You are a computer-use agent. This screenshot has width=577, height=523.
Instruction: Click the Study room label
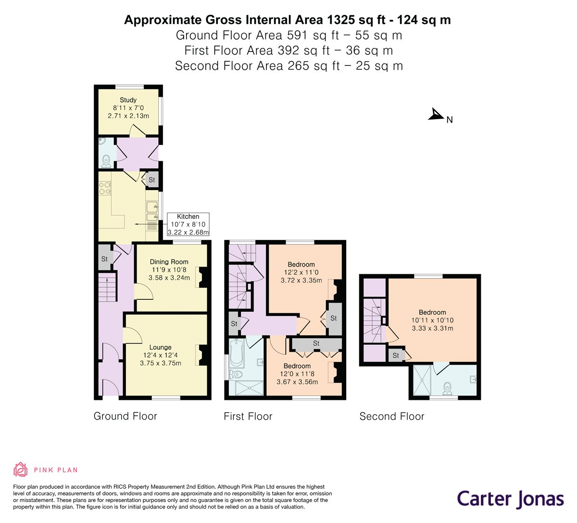[x=128, y=100]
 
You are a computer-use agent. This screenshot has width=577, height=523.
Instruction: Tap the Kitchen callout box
[x=188, y=224]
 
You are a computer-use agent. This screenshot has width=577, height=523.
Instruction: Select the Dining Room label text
[x=169, y=262]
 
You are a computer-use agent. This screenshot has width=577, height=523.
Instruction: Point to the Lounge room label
[x=160, y=347]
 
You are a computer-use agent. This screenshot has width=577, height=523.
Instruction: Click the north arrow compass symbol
[x=436, y=115]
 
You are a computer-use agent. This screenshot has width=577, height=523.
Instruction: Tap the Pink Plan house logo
[x=20, y=470]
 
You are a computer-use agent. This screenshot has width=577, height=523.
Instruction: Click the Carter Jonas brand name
[x=510, y=499]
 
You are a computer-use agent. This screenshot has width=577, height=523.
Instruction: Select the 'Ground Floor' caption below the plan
[x=125, y=416]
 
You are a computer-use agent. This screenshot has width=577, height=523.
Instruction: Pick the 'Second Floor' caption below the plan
[x=392, y=416]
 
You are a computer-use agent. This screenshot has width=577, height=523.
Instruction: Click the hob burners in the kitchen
[x=105, y=188]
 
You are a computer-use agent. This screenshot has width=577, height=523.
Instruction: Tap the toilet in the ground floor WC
[x=106, y=161]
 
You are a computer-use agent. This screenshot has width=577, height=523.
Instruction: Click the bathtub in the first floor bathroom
[x=237, y=354]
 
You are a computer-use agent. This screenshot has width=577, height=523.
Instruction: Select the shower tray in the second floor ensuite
[x=422, y=380]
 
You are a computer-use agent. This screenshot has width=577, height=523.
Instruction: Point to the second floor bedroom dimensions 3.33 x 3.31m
[x=432, y=328]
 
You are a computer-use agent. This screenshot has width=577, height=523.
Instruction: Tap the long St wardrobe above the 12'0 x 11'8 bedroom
[x=316, y=344]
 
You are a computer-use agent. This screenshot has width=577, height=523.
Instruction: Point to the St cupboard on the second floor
[x=396, y=356]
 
